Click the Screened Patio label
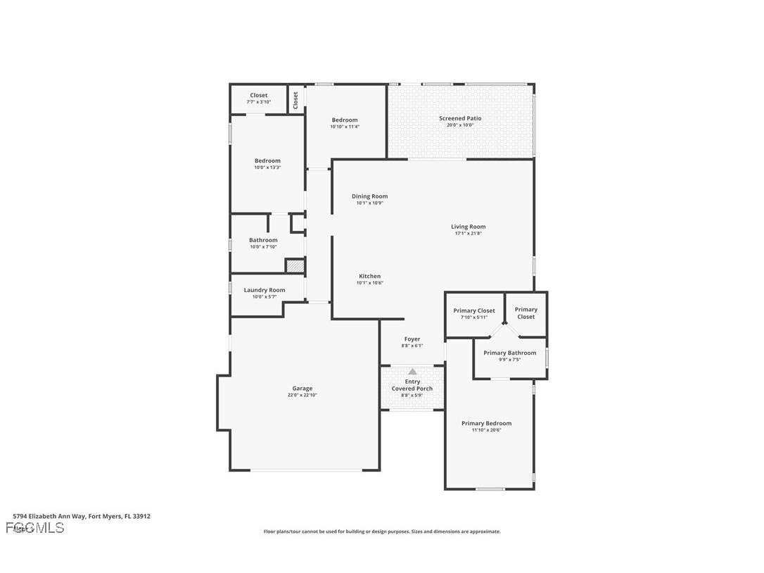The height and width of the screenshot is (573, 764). point(460,118)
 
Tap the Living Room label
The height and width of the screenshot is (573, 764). point(468,227)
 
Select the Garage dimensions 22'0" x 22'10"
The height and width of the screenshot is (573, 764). point(303,396)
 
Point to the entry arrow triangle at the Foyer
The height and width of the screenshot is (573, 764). point(412,372)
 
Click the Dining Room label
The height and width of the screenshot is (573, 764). point(369,196)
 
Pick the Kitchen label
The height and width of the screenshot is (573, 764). point(369,276)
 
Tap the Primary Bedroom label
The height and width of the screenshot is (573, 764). point(486,423)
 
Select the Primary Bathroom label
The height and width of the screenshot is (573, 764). point(509,353)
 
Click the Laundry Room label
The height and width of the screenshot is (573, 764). point(265,290)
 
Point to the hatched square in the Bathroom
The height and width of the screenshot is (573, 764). point(295,266)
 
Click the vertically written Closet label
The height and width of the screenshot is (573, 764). point(295,99)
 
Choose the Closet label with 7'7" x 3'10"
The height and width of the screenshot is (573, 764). point(259,95)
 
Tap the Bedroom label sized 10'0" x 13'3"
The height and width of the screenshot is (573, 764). point(267,160)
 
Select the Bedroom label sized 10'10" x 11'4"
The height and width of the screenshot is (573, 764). point(345,120)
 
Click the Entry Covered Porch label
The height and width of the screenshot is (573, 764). point(412,385)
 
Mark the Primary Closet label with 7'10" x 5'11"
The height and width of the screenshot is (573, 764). point(473,310)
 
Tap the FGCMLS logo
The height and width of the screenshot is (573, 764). point(34,528)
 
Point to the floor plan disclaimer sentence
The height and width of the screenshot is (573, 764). point(382,531)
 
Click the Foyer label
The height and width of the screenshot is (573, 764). point(412,339)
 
